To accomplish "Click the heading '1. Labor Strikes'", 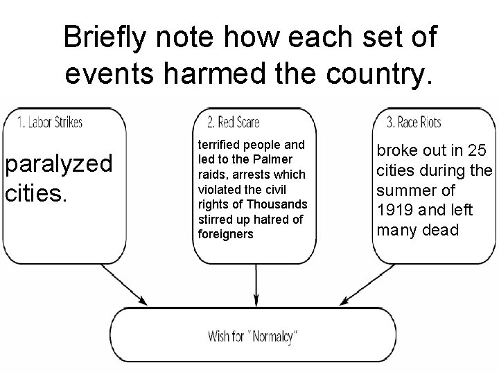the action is coord(49,123).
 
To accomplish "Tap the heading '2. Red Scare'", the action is coord(233,123).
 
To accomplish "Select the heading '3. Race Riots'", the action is coord(414,123).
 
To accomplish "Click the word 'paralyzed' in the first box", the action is coord(58,165).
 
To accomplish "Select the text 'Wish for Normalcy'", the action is coord(253,337).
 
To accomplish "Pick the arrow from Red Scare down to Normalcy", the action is coord(256,284).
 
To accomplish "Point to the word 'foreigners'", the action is coord(226,234).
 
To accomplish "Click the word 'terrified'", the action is coord(222,145).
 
